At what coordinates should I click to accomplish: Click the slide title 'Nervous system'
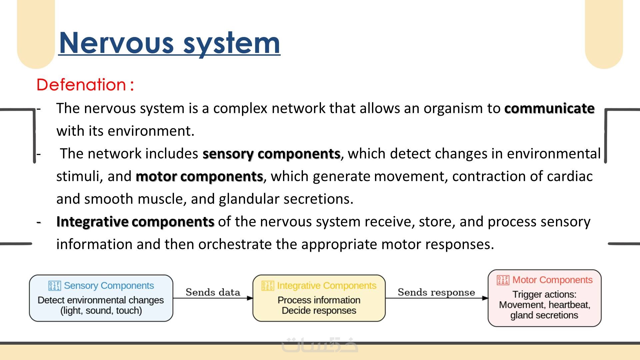click(169, 43)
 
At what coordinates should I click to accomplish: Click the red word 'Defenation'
click(81, 85)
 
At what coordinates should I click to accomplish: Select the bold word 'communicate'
click(549, 108)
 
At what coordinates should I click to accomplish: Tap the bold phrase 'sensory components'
click(271, 154)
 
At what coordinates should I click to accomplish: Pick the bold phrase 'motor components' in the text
click(199, 176)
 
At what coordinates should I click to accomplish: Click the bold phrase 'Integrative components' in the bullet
click(135, 222)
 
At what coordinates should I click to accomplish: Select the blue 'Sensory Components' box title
click(109, 286)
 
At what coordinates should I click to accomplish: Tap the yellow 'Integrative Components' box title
click(326, 286)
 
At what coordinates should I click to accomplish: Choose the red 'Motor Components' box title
click(552, 280)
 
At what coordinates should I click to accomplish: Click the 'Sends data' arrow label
click(213, 292)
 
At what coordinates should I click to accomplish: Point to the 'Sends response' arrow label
click(436, 292)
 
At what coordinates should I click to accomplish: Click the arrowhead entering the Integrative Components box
click(250, 298)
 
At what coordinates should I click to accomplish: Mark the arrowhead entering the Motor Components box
click(485, 298)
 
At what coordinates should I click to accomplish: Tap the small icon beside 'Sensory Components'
click(54, 286)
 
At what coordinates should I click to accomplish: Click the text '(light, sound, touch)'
click(101, 311)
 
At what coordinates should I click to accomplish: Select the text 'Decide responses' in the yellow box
click(319, 311)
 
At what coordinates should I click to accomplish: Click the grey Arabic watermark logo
click(320, 345)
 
